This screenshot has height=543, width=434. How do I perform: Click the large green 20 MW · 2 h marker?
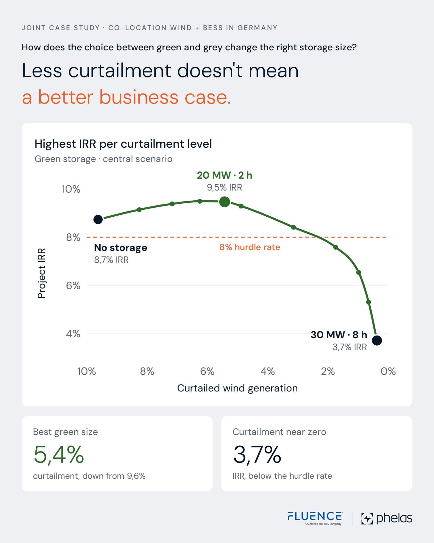click(x=225, y=202)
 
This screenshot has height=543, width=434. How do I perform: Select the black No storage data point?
click(x=98, y=219)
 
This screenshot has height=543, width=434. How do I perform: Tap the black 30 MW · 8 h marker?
click(x=377, y=340)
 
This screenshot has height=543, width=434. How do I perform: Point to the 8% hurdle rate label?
click(x=250, y=247)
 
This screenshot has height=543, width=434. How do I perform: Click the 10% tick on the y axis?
click(x=71, y=189)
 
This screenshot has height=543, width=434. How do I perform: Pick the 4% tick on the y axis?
click(x=73, y=334)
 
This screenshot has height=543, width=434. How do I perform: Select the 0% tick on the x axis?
click(x=388, y=371)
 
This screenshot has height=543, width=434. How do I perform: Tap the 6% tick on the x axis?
click(x=207, y=371)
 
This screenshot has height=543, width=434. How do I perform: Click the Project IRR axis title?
click(x=42, y=273)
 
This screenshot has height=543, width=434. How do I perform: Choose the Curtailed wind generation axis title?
click(x=237, y=388)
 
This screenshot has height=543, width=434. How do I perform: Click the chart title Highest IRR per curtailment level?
click(x=123, y=144)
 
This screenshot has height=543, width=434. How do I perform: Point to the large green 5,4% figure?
click(x=59, y=454)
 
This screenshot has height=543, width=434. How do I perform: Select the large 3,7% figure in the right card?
click(x=257, y=454)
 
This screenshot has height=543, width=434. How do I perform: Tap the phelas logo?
click(x=387, y=518)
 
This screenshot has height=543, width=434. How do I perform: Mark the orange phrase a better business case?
click(x=127, y=97)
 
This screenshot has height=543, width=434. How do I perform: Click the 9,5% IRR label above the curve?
click(x=224, y=188)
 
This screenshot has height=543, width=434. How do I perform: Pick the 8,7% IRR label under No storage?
click(x=111, y=260)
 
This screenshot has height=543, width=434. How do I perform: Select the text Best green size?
click(x=65, y=432)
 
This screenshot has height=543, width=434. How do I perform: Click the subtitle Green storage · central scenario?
click(x=103, y=159)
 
